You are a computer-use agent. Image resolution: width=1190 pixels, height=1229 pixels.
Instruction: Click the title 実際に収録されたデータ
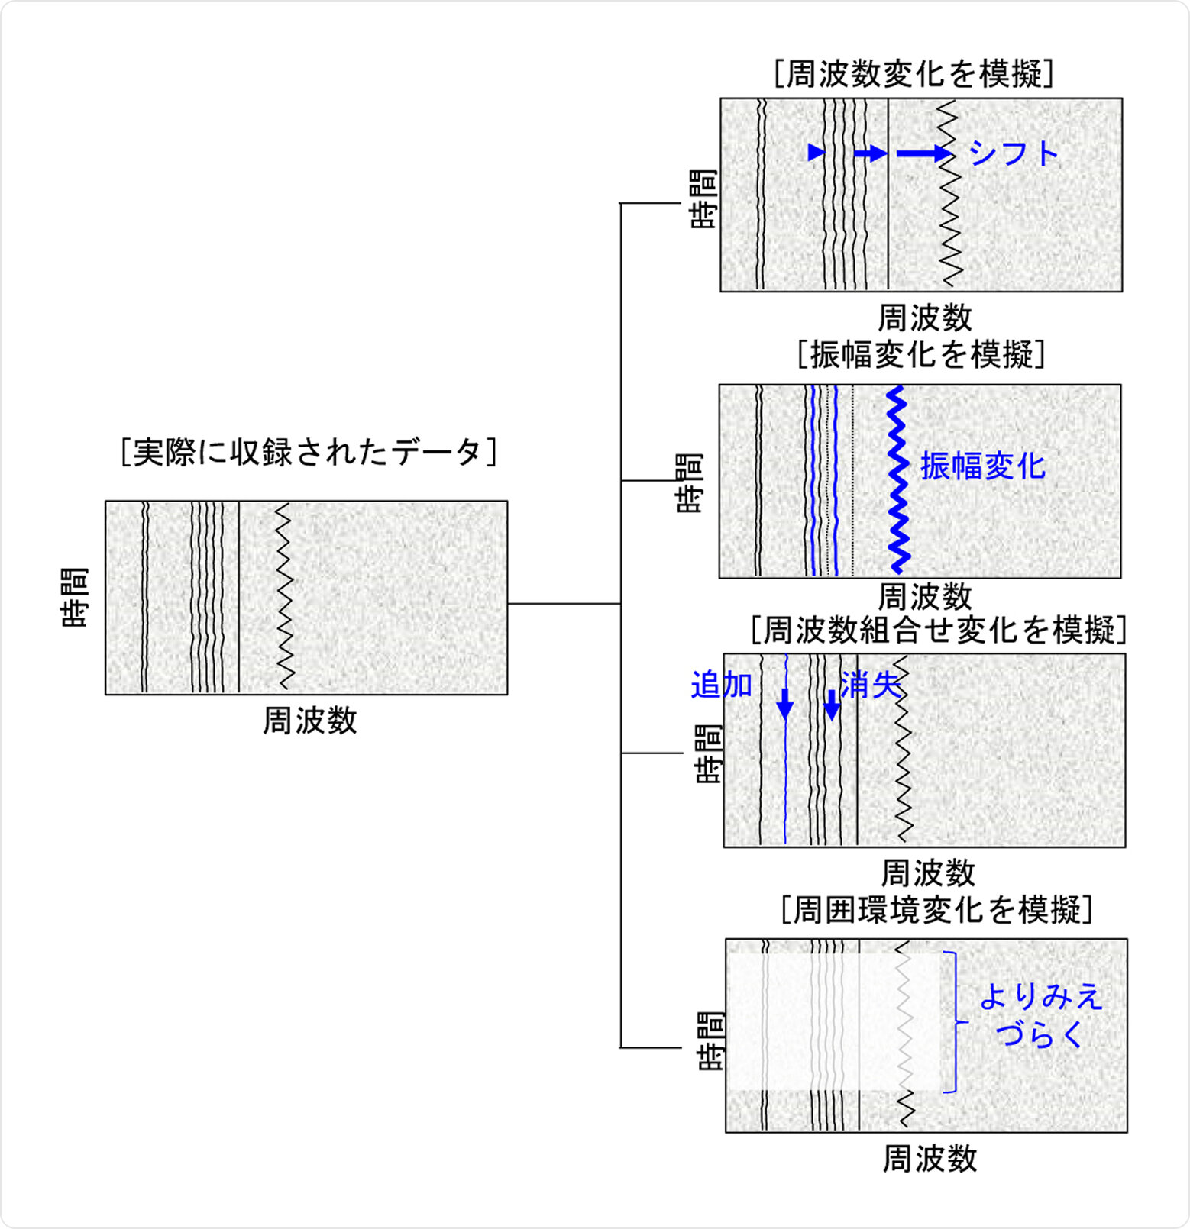[309, 452]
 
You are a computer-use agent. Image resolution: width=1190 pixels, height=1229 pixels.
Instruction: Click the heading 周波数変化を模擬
[914, 74]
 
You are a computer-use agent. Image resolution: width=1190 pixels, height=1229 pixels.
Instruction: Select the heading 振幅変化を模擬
[920, 355]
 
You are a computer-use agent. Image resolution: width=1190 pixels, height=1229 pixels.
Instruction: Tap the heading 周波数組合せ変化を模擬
[938, 631]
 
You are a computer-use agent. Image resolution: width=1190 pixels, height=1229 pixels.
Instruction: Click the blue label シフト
[1014, 153]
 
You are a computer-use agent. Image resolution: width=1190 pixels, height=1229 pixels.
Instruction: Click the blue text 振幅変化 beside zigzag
[982, 466]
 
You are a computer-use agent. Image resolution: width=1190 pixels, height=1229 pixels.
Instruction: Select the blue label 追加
[721, 685]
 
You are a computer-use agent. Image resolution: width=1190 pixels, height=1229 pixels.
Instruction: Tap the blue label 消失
[870, 685]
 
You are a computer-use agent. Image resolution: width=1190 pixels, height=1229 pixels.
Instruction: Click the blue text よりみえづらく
[1040, 1015]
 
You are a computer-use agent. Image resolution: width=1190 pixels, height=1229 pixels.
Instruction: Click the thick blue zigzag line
[897, 481]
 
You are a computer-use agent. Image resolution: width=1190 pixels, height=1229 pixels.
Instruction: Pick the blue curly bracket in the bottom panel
[953, 1021]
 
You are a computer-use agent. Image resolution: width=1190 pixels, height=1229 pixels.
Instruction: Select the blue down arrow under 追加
[784, 704]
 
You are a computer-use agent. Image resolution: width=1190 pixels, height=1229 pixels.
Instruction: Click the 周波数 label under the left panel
[309, 720]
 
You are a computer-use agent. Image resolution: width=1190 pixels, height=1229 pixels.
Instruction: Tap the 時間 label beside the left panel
[75, 597]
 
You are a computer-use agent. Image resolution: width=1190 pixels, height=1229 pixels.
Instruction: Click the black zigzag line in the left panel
[284, 595]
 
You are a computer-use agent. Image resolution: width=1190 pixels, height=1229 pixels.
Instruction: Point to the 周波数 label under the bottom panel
[930, 1159]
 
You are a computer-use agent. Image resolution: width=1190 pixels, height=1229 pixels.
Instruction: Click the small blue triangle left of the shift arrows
[816, 152]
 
